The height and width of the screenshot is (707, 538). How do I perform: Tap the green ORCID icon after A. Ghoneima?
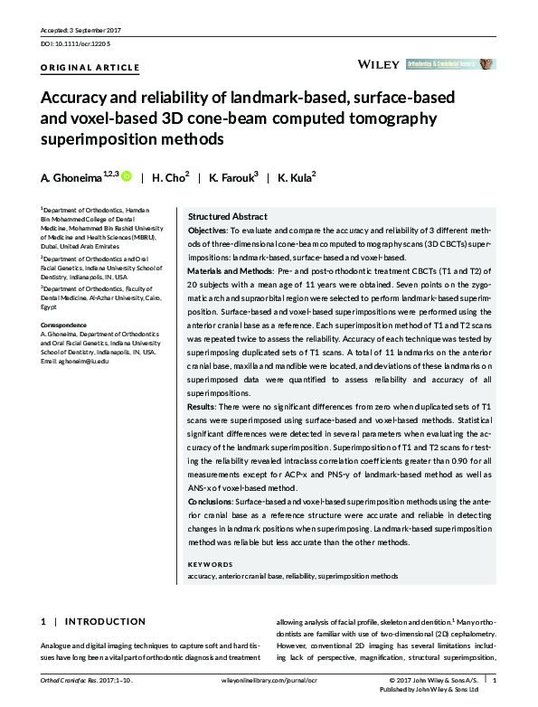click(x=127, y=177)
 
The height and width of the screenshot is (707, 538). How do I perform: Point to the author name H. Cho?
click(x=172, y=178)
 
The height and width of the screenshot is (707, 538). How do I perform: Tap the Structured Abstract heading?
click(x=227, y=217)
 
